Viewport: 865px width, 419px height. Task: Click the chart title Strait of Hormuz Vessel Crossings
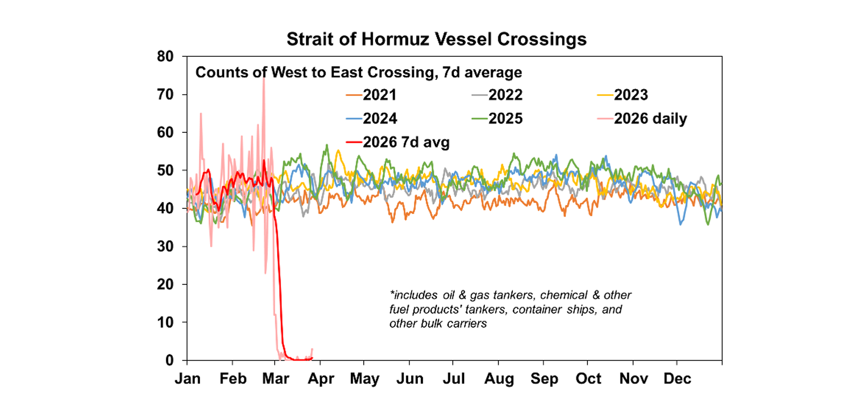tap(436, 39)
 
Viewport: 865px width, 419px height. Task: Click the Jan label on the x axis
tap(188, 379)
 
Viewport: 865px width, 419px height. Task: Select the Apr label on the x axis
tap(322, 379)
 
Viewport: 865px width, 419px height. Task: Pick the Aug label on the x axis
tap(499, 379)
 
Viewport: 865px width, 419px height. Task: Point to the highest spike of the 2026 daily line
tap(263, 78)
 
